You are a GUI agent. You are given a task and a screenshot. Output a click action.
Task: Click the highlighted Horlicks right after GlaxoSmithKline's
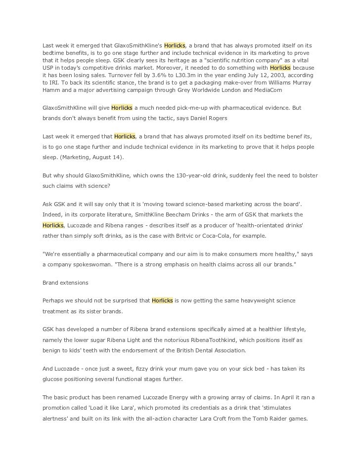[175, 45]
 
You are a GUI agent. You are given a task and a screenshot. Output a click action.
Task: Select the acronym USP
[49, 68]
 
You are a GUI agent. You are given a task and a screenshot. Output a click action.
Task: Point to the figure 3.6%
[135, 75]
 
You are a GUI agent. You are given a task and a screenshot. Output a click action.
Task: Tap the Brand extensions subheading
[66, 283]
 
